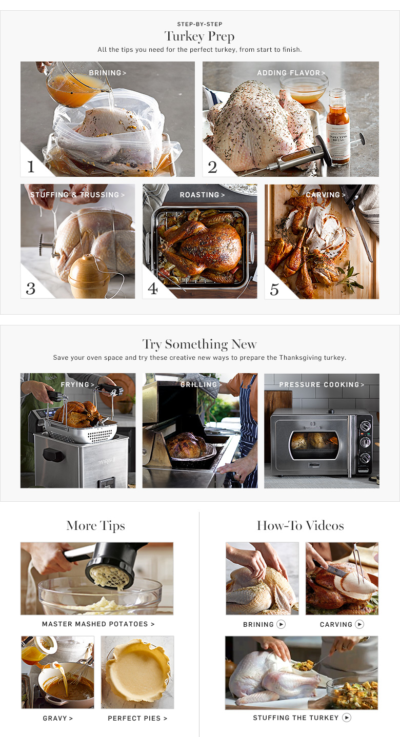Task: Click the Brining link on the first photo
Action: (x=108, y=73)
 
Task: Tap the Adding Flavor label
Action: (x=291, y=73)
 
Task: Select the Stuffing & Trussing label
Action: (x=77, y=195)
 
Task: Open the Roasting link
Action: (x=202, y=195)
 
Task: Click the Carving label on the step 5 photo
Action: (x=326, y=195)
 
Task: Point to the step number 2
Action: (x=212, y=167)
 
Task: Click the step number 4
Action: (x=152, y=289)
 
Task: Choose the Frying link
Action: (x=77, y=384)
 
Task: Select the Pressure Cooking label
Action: (x=322, y=384)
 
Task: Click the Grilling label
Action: (x=201, y=384)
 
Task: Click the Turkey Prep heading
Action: (x=199, y=36)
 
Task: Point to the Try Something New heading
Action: (x=199, y=344)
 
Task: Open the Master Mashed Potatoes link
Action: (x=98, y=624)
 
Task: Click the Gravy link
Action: (x=57, y=718)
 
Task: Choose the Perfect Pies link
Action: (x=137, y=718)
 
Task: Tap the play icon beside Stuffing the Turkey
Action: (x=346, y=718)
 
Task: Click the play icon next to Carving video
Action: (x=359, y=624)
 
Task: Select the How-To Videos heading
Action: (x=300, y=525)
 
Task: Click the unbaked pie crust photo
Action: (x=137, y=672)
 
